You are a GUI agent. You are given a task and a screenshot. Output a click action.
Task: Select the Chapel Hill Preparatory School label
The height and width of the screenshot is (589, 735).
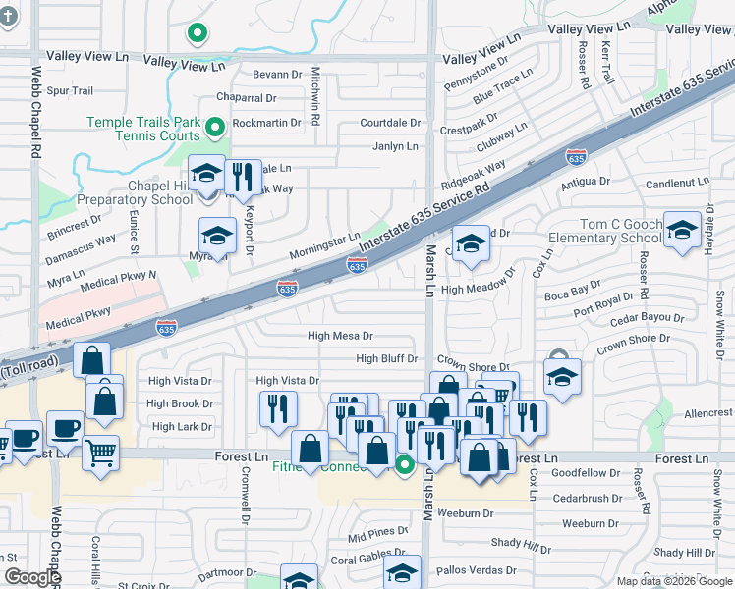tap(144, 192)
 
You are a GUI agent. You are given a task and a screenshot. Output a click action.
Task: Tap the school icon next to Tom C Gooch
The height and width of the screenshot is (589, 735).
tap(681, 230)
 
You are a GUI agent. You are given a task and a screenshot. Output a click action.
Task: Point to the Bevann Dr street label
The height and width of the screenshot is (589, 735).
tap(276, 75)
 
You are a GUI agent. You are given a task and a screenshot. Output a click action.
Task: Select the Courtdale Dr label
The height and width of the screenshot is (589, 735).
tap(390, 124)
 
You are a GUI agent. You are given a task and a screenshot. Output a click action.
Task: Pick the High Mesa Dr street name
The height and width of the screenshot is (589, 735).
tap(340, 336)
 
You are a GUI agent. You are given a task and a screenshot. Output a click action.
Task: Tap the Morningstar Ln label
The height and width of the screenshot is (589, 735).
tap(324, 246)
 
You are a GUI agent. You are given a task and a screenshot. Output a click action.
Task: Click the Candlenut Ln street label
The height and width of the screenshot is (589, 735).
tap(677, 183)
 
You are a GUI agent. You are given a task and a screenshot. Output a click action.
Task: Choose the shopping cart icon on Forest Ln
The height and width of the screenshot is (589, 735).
tap(101, 454)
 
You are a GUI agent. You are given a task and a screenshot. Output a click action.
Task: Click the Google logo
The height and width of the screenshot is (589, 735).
tap(31, 577)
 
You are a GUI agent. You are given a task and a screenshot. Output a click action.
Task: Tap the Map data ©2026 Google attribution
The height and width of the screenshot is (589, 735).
tap(674, 581)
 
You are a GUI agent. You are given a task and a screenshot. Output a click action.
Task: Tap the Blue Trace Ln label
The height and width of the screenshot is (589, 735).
tap(502, 84)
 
